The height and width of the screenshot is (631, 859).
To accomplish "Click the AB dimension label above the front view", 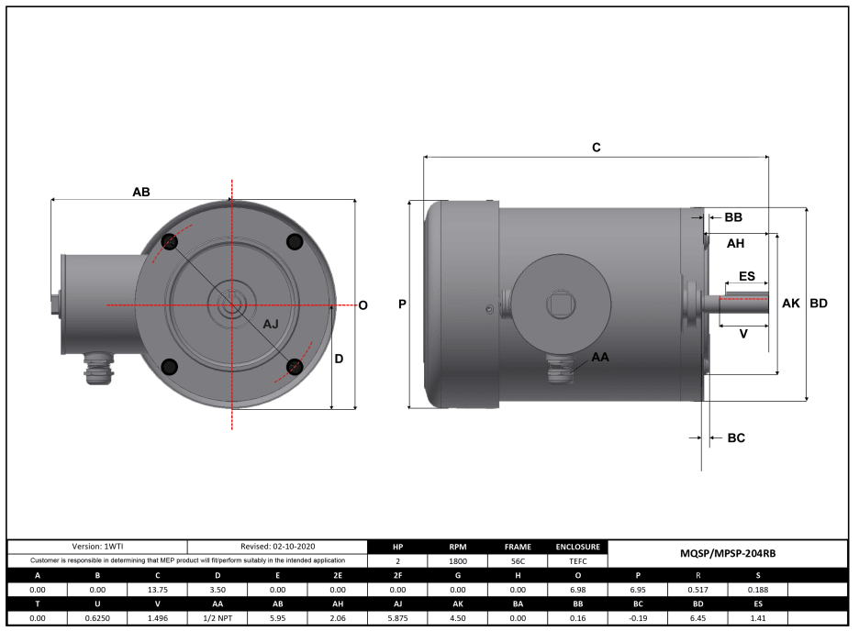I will [140, 192].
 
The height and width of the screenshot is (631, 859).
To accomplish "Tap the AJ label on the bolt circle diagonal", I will [272, 325].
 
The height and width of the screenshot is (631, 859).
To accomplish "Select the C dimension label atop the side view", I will [596, 148].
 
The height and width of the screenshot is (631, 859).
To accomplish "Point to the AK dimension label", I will [790, 303].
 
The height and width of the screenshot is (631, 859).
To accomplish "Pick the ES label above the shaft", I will [747, 276].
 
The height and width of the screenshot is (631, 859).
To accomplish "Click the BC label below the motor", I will [735, 438].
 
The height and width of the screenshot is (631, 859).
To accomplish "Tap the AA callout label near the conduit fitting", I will [600, 356].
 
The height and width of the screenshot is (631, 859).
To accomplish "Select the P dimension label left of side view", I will [402, 304].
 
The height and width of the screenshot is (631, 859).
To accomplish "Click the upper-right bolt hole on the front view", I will [295, 241].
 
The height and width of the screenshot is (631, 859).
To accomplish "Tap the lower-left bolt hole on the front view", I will [170, 367].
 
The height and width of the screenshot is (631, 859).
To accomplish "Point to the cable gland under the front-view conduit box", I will [96, 371].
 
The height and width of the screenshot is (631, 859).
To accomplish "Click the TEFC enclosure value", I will [577, 560].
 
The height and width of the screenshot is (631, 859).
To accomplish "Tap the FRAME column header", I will [518, 546].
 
